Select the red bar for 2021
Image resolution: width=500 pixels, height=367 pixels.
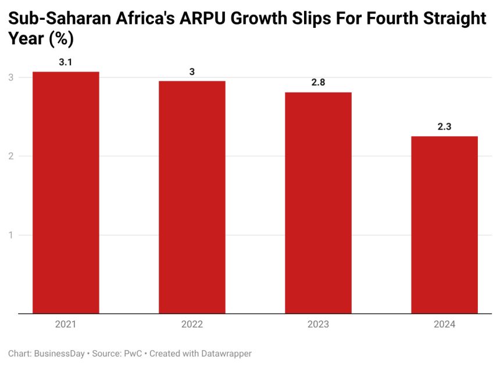(x=66, y=193)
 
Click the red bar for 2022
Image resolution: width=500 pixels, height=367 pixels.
(x=192, y=197)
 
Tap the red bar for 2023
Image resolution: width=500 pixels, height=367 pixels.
(x=318, y=203)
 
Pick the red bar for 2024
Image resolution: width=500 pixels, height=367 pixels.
(x=444, y=225)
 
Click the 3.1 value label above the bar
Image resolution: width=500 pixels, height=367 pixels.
(x=66, y=62)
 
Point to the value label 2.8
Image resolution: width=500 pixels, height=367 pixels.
(x=318, y=83)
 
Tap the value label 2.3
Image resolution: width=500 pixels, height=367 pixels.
(x=444, y=126)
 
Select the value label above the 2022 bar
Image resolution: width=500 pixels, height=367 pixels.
(x=192, y=72)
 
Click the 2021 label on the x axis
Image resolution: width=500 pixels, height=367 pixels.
(x=66, y=325)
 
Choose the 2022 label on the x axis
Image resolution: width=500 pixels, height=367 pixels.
(x=192, y=325)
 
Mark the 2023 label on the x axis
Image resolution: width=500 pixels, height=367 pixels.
(x=318, y=325)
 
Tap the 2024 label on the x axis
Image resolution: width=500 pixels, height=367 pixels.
(x=444, y=325)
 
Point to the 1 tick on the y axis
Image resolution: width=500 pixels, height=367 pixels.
(x=10, y=235)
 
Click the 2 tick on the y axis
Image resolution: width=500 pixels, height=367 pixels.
(x=10, y=156)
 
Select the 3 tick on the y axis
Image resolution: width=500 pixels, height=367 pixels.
(x=10, y=77)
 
